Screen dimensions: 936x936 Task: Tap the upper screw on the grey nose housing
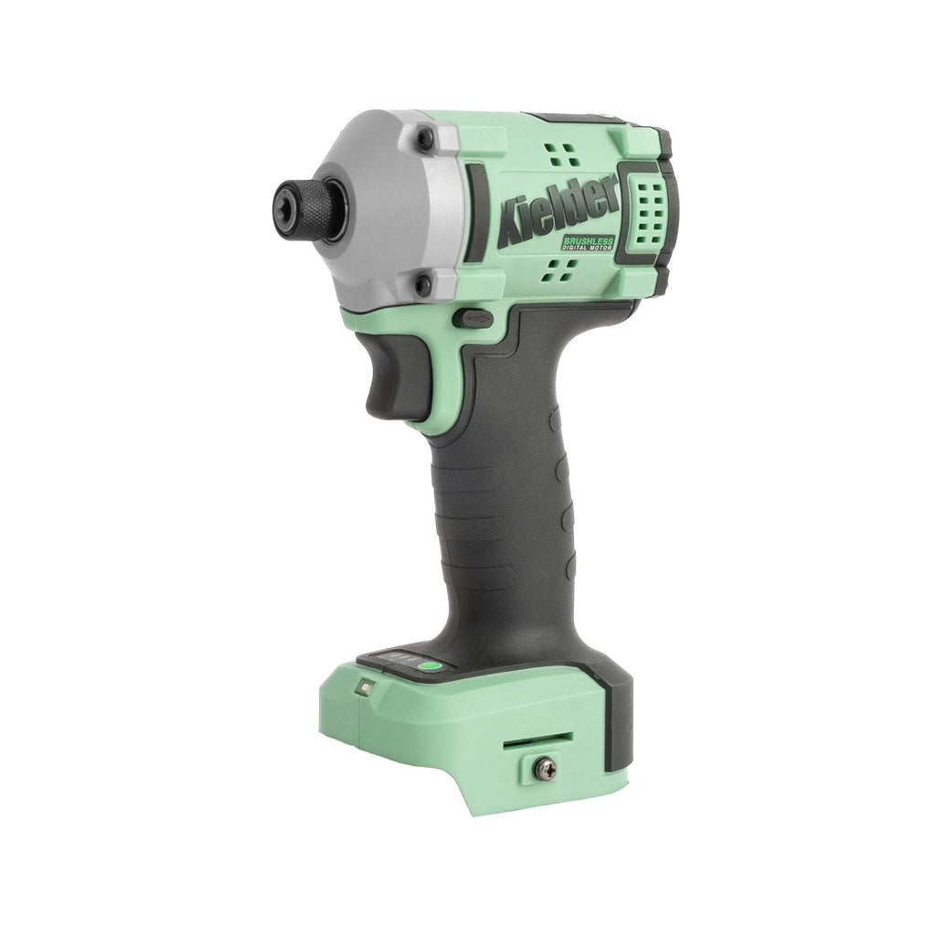click(x=425, y=139)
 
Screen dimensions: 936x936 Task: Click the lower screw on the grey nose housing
click(x=422, y=284)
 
